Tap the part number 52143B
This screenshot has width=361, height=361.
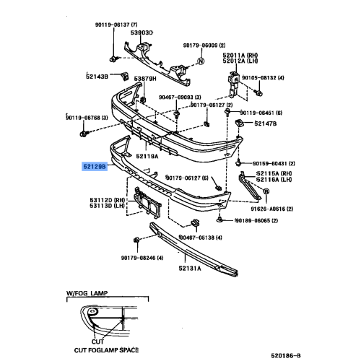(x=97, y=76)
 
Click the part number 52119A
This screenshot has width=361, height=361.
(x=149, y=155)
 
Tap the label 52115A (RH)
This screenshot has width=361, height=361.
(x=275, y=174)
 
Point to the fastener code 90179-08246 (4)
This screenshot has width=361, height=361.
(x=142, y=257)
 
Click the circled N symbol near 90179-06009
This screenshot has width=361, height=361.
(x=202, y=61)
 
